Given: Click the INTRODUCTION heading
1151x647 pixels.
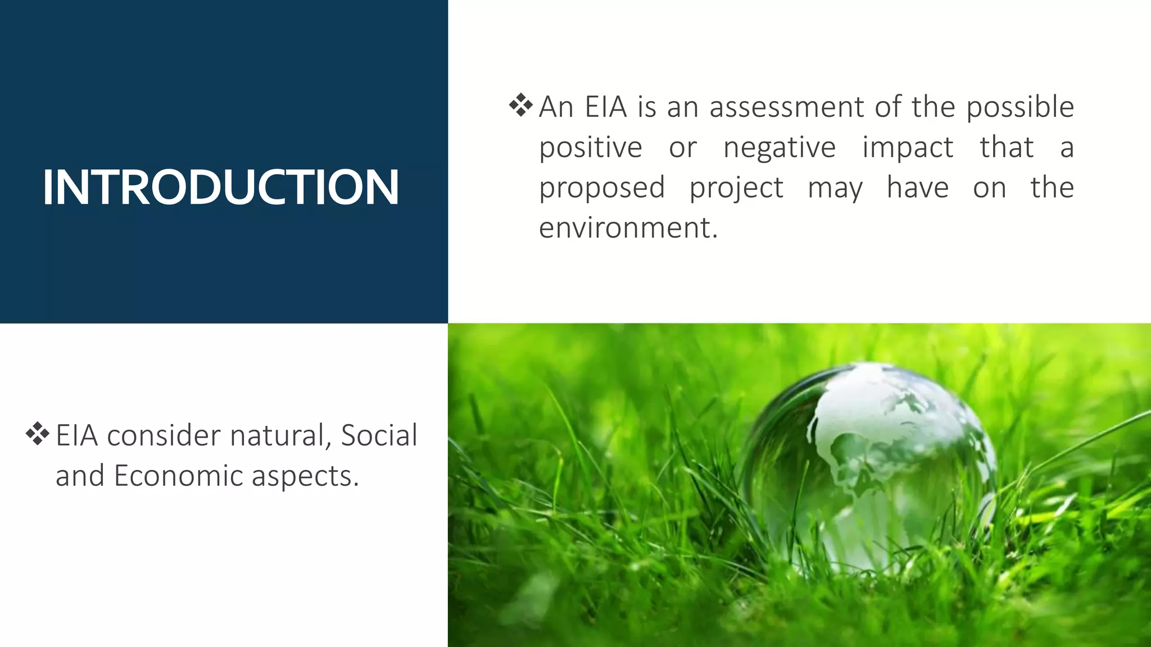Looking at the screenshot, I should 220,187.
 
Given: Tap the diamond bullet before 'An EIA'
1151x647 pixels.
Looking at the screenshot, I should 520,106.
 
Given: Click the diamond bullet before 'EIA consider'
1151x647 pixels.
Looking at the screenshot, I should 37,434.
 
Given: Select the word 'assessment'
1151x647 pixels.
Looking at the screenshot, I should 786,107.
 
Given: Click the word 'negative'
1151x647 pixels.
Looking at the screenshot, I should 780,148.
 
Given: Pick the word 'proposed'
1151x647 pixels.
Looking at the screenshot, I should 602,188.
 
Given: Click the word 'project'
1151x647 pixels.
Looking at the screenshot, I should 736,188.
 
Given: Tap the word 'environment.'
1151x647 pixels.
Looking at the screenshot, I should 628,228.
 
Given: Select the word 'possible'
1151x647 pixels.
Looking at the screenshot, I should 1020,107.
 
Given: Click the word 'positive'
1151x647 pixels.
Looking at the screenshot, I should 591,148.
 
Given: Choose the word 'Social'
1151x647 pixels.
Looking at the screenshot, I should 379,435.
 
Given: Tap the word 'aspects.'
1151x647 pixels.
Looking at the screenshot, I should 305,476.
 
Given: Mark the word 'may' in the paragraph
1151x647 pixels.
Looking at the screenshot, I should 835,188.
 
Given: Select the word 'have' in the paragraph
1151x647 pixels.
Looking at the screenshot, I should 918,188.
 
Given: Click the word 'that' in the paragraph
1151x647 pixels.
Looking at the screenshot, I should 1007,148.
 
